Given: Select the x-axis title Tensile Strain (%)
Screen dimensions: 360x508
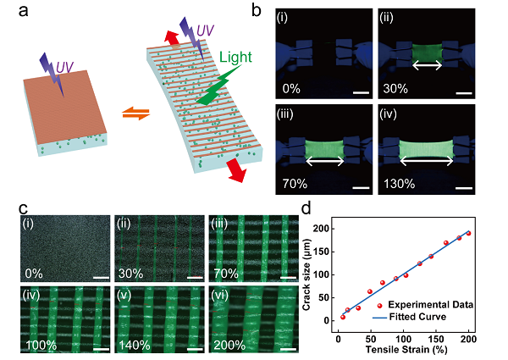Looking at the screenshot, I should pyautogui.click(x=406, y=352).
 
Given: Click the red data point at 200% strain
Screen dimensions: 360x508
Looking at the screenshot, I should pyautogui.click(x=468, y=232).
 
